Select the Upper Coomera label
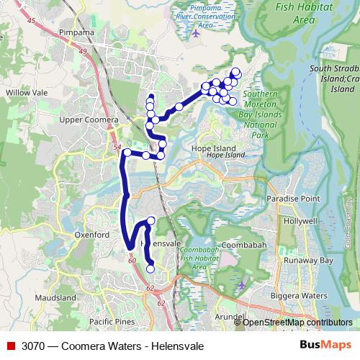(x=88, y=119)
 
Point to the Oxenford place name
(x=91, y=235)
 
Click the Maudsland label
(x=55, y=297)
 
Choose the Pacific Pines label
(x=111, y=322)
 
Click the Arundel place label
(x=230, y=316)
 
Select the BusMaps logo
(x=325, y=346)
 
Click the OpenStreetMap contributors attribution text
(x=297, y=323)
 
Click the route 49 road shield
(x=83, y=52)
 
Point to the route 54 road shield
(x=117, y=146)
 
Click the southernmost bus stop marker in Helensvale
(x=150, y=269)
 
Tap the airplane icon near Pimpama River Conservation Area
(x=197, y=33)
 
